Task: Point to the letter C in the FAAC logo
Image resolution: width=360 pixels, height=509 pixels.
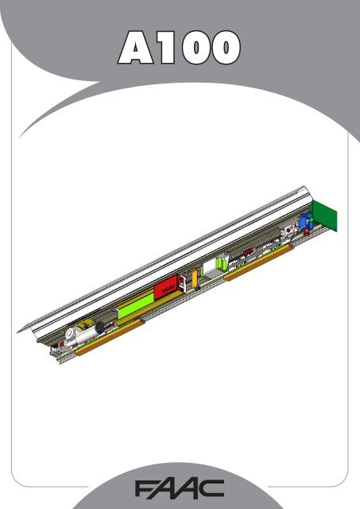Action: [211, 485]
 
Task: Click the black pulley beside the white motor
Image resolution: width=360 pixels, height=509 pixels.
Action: [100, 325]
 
